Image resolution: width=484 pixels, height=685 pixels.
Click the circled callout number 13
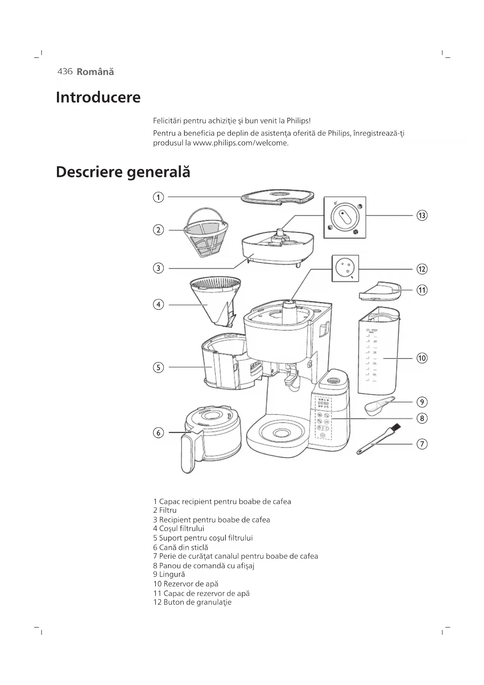point(422,215)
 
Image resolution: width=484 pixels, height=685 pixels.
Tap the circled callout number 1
point(158,197)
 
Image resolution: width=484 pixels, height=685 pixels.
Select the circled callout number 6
point(158,433)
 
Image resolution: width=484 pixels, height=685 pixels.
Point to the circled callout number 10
point(422,358)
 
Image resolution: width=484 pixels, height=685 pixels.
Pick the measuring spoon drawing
point(378,405)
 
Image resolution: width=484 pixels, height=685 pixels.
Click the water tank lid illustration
point(380,291)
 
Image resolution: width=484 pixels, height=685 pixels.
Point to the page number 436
point(65,71)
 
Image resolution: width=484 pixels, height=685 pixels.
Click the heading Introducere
point(98,97)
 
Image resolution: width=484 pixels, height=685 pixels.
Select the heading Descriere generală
point(123,172)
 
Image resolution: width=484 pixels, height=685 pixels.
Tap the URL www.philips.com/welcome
point(240,143)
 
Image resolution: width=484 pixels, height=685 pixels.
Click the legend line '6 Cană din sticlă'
point(181,548)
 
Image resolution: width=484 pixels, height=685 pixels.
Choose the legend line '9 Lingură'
point(169,574)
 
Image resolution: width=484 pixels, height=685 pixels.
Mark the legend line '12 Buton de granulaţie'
point(192,602)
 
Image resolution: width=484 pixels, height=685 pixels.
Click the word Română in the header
point(95,72)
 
